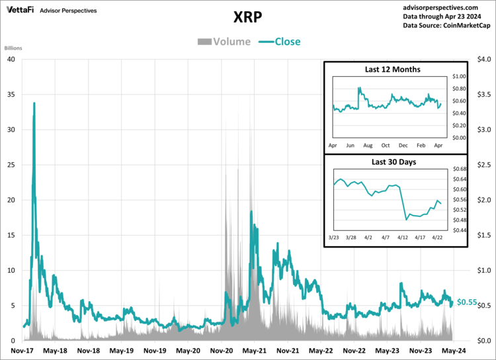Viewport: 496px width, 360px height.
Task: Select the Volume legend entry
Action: point(224,42)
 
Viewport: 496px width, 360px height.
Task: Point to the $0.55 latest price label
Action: point(467,302)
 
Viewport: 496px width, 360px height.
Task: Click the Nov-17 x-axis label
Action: point(22,351)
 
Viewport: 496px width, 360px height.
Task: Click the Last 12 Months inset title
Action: point(393,69)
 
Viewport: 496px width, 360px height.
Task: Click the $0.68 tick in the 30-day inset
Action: point(459,169)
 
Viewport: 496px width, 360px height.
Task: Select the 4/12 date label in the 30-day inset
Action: point(403,236)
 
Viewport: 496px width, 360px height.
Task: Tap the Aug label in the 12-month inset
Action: point(368,144)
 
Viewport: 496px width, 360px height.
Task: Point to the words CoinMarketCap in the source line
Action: point(466,25)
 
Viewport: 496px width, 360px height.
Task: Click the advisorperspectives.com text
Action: point(446,5)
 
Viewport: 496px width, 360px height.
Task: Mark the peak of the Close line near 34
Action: point(34,103)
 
